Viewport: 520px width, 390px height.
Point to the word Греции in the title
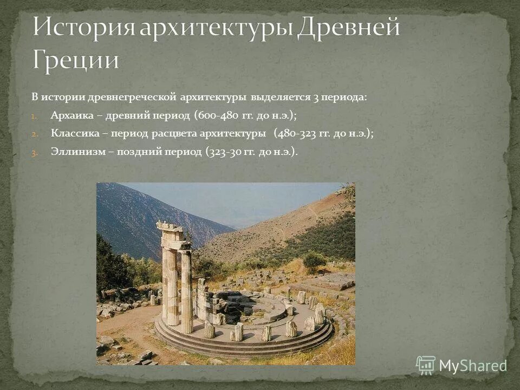[75, 60]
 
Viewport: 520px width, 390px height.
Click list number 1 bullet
[33, 116]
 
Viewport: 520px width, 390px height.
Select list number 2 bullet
[34, 134]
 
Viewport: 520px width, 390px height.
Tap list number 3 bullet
[34, 152]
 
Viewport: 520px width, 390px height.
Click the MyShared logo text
[473, 366]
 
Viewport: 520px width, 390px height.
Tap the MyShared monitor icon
[426, 366]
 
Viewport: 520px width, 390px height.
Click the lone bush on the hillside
[314, 261]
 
